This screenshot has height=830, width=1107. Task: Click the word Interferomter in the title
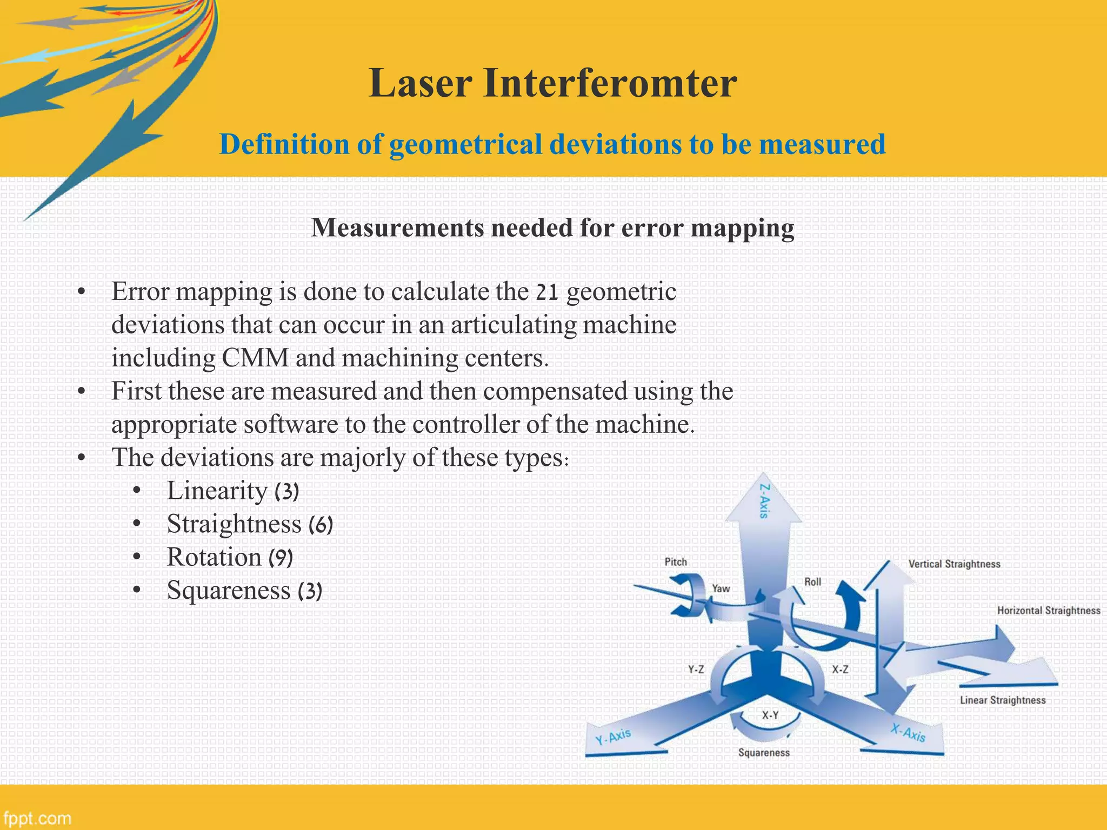coord(610,84)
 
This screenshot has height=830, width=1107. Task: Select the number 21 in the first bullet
coord(546,293)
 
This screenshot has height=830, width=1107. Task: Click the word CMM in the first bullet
coord(255,358)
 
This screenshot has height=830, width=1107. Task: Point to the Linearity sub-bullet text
coord(217,491)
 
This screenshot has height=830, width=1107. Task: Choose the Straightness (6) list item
coord(250,524)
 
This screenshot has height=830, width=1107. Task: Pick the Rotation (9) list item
coord(230,558)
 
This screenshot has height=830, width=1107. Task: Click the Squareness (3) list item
coord(244,591)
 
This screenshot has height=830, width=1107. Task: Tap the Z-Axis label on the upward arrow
coord(764,501)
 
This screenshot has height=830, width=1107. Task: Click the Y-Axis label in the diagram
coord(613,737)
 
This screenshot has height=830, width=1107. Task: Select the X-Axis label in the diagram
coord(908,733)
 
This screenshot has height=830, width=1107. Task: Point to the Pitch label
coord(676,562)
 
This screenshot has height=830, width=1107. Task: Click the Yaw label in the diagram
coord(721,588)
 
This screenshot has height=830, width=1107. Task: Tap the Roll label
coord(812,582)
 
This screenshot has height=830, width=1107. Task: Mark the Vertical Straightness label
coord(954,564)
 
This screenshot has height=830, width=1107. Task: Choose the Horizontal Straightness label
coord(1049,611)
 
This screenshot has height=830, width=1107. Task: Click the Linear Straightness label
coord(1003,700)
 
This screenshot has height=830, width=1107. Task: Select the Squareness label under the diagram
coord(764,753)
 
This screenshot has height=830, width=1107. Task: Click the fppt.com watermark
coord(37,818)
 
